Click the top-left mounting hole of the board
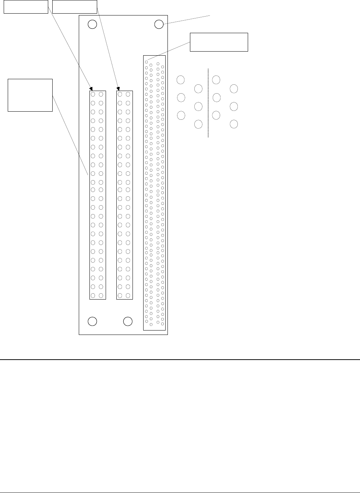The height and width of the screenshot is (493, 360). pyautogui.click(x=92, y=24)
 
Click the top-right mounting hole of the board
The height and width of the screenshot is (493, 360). pyautogui.click(x=159, y=24)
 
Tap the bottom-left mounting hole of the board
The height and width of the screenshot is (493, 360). pyautogui.click(x=92, y=321)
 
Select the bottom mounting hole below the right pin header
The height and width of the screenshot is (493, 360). pyautogui.click(x=128, y=321)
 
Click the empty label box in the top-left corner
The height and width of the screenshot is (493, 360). pyautogui.click(x=26, y=7)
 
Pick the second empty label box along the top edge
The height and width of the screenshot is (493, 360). pyautogui.click(x=75, y=7)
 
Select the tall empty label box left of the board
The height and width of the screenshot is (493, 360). pyautogui.click(x=30, y=95)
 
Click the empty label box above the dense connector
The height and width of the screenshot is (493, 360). pyautogui.click(x=219, y=42)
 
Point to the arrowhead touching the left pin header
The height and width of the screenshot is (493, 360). pyautogui.click(x=91, y=89)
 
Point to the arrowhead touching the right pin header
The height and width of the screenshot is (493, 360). pyautogui.click(x=118, y=89)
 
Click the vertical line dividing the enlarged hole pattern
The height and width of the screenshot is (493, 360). pyautogui.click(x=208, y=103)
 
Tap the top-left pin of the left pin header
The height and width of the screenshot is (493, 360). pyautogui.click(x=93, y=94)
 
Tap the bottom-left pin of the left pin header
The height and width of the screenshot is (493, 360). pyautogui.click(x=93, y=296)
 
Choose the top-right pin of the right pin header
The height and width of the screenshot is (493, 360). pyautogui.click(x=128, y=94)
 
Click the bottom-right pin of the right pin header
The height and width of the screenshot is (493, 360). pyautogui.click(x=128, y=296)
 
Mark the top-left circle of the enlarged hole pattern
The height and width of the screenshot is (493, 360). pyautogui.click(x=181, y=80)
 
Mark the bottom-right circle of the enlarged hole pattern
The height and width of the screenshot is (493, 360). pyautogui.click(x=234, y=124)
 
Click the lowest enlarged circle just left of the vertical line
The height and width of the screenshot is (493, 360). pyautogui.click(x=198, y=124)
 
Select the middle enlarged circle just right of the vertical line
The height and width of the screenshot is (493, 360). pyautogui.click(x=216, y=98)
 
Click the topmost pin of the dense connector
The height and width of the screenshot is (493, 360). pyautogui.click(x=147, y=62)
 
